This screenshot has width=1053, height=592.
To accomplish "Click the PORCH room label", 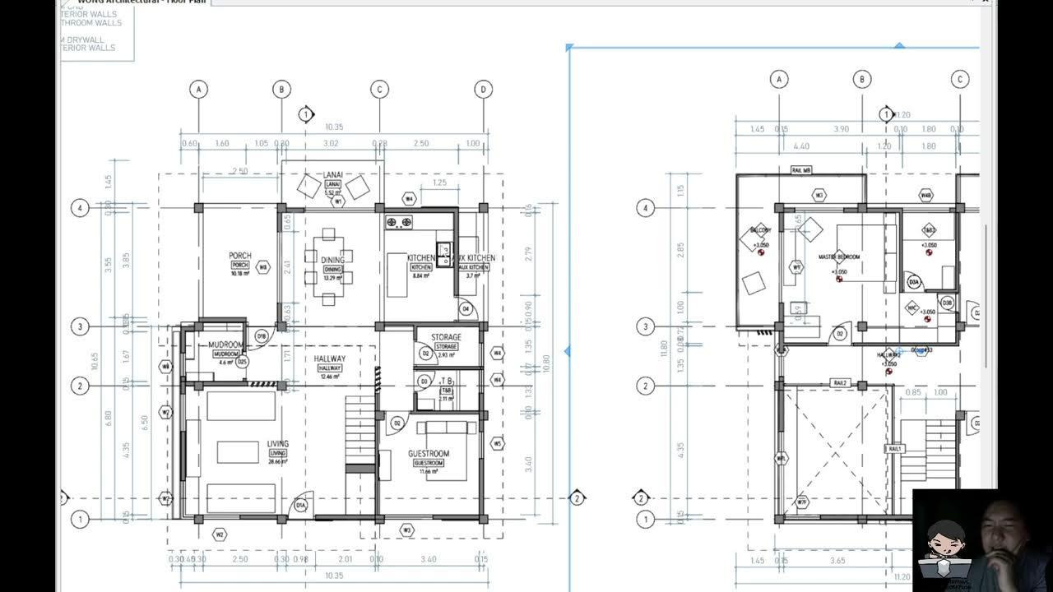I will pyautogui.click(x=240, y=256).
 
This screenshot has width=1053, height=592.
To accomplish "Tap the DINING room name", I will pyautogui.click(x=332, y=261).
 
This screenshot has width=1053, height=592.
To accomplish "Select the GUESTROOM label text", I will pyautogui.click(x=428, y=454).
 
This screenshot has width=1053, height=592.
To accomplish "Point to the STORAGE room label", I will pyautogui.click(x=446, y=337).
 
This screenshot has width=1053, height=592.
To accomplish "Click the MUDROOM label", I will pyautogui.click(x=225, y=345).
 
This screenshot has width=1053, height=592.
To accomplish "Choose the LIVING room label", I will pyautogui.click(x=278, y=444).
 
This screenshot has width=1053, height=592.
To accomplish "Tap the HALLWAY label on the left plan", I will pyautogui.click(x=330, y=359).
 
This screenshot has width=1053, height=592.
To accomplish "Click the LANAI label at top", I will pyautogui.click(x=333, y=174).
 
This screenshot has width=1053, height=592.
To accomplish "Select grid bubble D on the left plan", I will pyautogui.click(x=483, y=89).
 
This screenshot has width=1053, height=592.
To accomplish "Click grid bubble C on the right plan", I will pyautogui.click(x=960, y=79).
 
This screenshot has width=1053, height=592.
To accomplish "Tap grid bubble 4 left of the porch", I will pyautogui.click(x=80, y=208).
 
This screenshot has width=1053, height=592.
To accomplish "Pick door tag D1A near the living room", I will pyautogui.click(x=301, y=505).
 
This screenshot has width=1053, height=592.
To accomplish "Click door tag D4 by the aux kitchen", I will pyautogui.click(x=466, y=309).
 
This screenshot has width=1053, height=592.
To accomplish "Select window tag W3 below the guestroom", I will pyautogui.click(x=406, y=530).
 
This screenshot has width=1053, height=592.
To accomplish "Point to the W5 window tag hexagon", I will pyautogui.click(x=497, y=444).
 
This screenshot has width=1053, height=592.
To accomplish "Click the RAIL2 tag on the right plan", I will pyautogui.click(x=840, y=383).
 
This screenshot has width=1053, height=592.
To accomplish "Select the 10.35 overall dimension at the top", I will pyautogui.click(x=334, y=127).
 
